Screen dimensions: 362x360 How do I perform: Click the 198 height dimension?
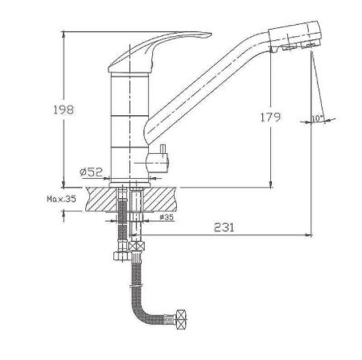pyautogui.click(x=64, y=110)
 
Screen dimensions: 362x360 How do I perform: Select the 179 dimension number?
pyautogui.click(x=270, y=117)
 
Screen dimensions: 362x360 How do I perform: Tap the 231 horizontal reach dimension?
pyautogui.click(x=224, y=227)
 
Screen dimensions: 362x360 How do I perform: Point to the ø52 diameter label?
pyautogui.click(x=91, y=172)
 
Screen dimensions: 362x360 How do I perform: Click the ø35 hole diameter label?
pyautogui.click(x=167, y=217)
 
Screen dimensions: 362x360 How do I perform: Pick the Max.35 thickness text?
pyautogui.click(x=61, y=199)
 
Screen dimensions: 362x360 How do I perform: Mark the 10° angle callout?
pyautogui.click(x=317, y=118)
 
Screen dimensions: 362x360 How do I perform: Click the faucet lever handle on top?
pyautogui.click(x=159, y=52)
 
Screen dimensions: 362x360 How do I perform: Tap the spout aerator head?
pyautogui.click(x=294, y=36)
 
